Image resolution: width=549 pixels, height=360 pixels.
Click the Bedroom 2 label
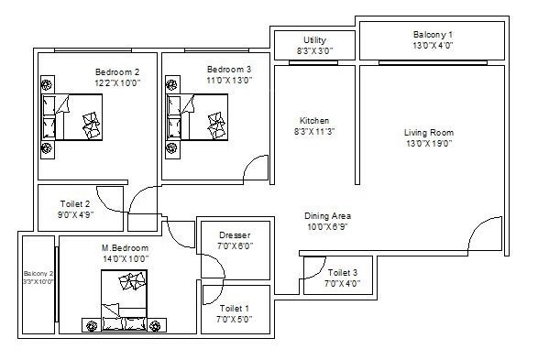(117, 71)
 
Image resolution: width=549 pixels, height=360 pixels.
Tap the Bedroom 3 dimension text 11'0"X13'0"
(229, 81)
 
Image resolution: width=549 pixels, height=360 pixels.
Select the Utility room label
(315, 40)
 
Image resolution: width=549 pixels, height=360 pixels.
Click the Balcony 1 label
(433, 35)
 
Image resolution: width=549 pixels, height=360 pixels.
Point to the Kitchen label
(314, 121)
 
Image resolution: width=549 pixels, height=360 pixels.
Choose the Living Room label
(429, 133)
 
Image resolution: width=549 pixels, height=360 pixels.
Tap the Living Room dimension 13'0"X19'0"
(429, 143)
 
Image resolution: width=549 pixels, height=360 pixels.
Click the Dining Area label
(327, 216)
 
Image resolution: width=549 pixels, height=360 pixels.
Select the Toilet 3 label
(349, 272)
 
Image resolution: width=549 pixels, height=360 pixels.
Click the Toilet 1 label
(233, 308)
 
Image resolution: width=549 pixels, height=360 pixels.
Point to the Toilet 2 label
(73, 204)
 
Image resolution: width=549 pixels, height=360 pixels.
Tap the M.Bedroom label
(125, 248)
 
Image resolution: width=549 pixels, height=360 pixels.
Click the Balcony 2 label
(38, 273)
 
